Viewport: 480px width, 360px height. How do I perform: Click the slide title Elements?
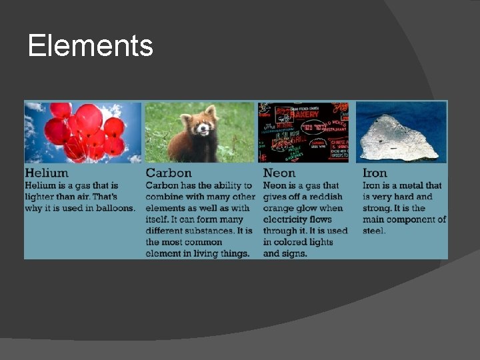pos(91,46)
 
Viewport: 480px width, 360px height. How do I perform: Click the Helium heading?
pos(47,173)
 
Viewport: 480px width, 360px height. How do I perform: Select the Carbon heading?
pos(169,173)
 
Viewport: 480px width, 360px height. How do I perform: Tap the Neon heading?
pos(279,173)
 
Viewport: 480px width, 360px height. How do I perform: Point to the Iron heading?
pos(375,173)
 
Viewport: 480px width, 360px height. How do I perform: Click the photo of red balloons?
pos(83,131)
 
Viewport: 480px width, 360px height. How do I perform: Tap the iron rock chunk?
pos(401,137)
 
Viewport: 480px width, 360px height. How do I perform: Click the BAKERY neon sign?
pos(305,113)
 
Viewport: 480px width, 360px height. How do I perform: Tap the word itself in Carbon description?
pos(159,219)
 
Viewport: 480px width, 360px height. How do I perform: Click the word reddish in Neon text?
pos(323,197)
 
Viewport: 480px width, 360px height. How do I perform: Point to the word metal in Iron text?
pos(411,185)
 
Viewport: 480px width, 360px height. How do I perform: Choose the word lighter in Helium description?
pos(41,197)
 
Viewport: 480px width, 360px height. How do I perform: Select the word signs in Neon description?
pos(294,253)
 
